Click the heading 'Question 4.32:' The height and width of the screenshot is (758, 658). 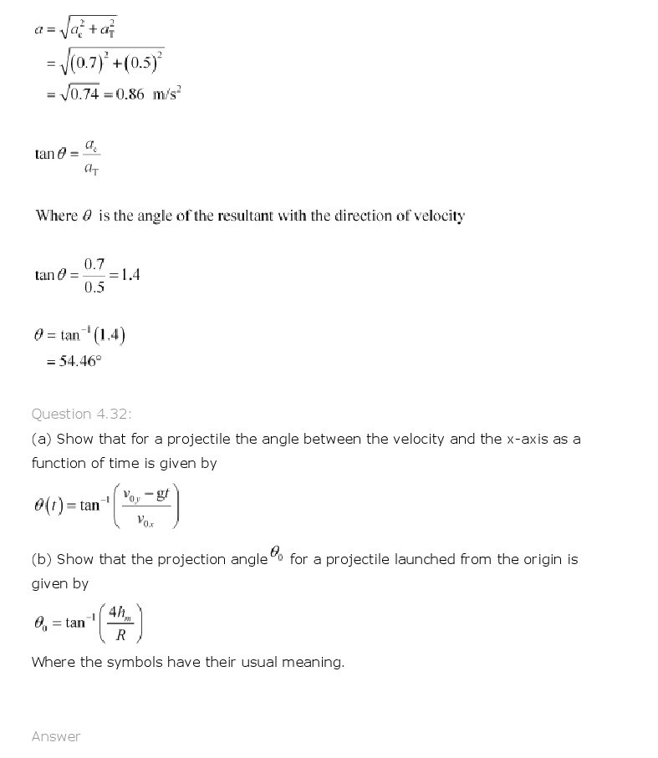pos(81,414)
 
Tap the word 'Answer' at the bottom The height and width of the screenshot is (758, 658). pos(56,736)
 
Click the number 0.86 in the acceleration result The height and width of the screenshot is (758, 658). pos(130,94)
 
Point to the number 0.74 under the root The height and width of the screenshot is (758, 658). pos(85,94)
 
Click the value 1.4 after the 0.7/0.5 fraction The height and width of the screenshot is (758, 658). pos(130,274)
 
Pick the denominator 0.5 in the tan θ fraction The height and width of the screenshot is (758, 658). pos(94,287)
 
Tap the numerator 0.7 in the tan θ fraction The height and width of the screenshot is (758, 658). pos(94,264)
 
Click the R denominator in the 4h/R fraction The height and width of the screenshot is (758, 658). pos(120,634)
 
